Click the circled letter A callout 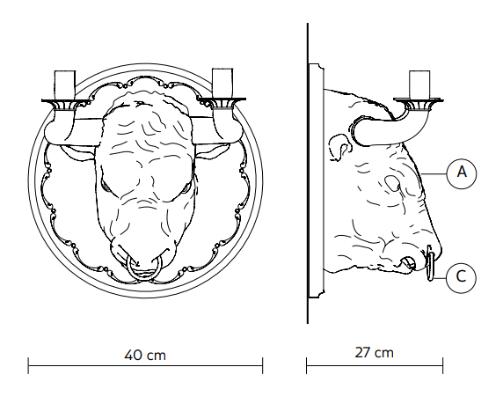click(462, 173)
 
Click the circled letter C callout click(461, 278)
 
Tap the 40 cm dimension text click(145, 356)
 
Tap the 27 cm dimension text click(374, 353)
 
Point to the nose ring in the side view click(431, 263)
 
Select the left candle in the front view click(65, 84)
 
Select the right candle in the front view click(222, 83)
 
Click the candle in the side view click(419, 84)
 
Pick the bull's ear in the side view click(339, 147)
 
